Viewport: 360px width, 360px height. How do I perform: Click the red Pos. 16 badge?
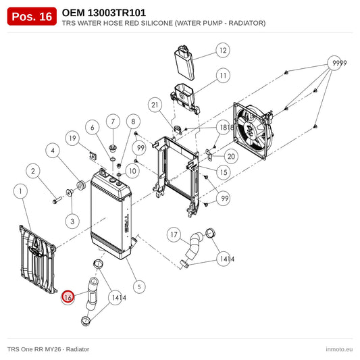tap(32, 16)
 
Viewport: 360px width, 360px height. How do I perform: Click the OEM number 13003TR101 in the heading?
tap(117, 13)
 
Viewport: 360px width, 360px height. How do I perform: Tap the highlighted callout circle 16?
tap(68, 297)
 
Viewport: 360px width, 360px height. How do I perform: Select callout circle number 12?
tap(223, 50)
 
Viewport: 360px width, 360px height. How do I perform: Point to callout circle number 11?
tap(223, 76)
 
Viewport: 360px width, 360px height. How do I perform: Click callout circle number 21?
tap(155, 105)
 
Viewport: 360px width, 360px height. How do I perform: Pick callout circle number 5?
tap(139, 286)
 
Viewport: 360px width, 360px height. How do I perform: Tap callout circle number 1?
tap(20, 191)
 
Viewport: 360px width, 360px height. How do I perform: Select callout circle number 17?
tap(174, 234)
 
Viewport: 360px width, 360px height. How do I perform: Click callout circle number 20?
tap(231, 156)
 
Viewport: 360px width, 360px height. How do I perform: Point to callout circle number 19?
tap(72, 138)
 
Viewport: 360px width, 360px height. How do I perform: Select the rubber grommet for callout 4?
tap(80, 185)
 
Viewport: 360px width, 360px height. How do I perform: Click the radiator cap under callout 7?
tap(113, 148)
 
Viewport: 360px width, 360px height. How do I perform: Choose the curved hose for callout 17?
tap(194, 246)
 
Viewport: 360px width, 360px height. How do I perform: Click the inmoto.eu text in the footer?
tap(339, 349)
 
